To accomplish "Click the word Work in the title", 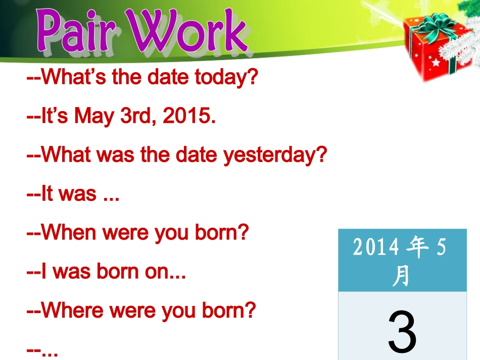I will (189, 32).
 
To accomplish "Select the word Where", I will (73, 311).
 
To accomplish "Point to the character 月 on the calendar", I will (401, 276).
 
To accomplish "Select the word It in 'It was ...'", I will (47, 194).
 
